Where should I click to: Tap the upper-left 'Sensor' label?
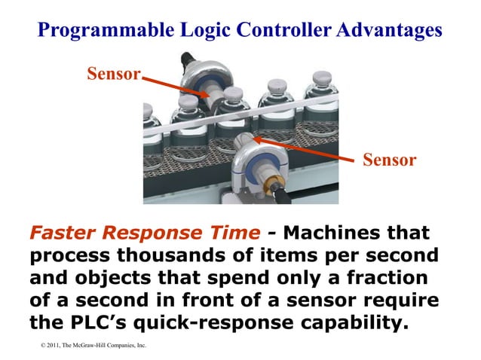114,73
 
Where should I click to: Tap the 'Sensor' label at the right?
389,160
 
